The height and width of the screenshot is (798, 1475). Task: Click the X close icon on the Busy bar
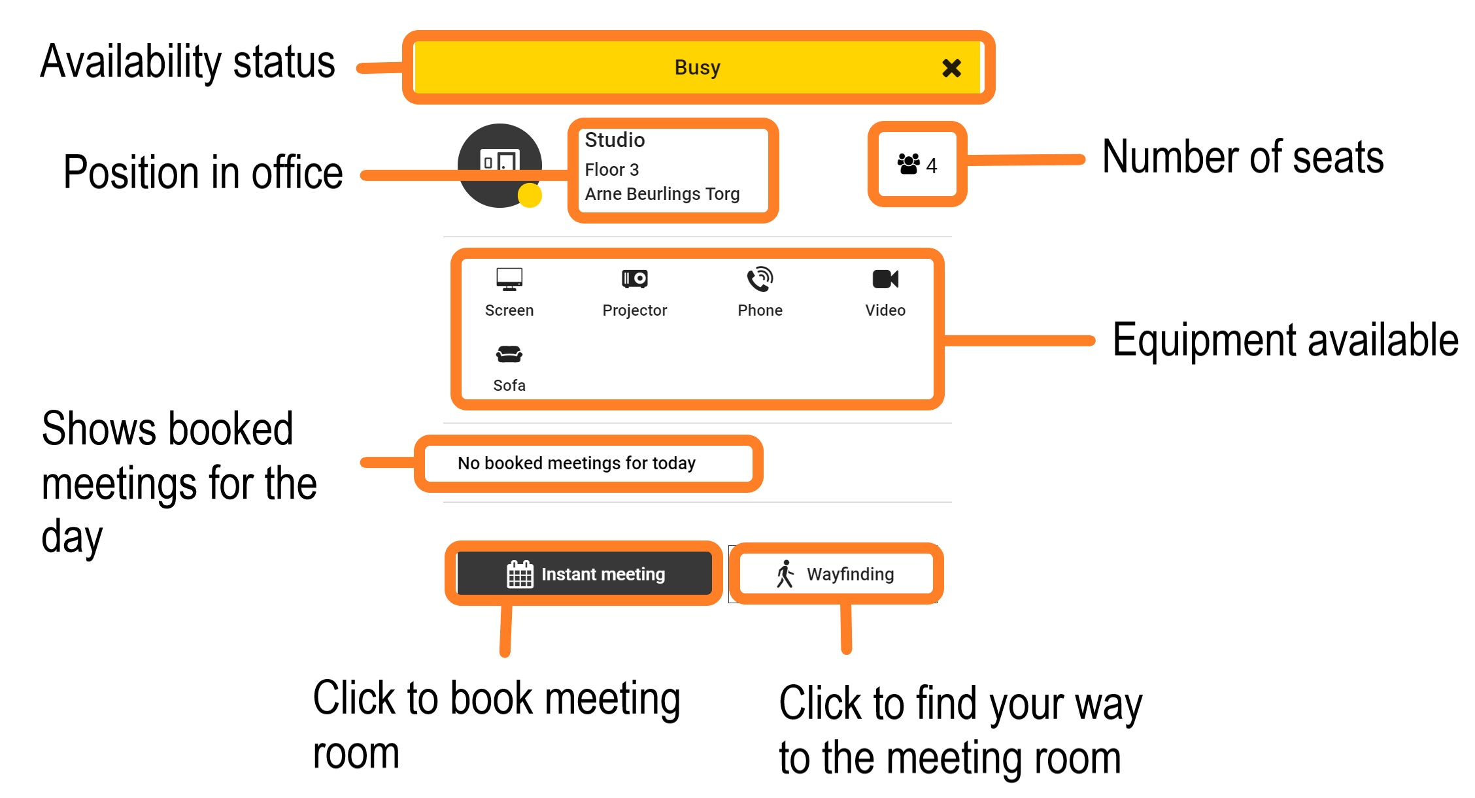click(x=951, y=68)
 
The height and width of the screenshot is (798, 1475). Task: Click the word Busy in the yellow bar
click(x=697, y=67)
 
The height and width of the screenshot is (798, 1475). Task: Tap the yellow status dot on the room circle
click(x=530, y=195)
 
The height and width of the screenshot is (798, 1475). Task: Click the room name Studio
click(x=615, y=140)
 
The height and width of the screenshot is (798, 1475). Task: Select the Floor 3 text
click(x=611, y=170)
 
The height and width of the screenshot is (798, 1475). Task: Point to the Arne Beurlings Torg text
click(x=662, y=194)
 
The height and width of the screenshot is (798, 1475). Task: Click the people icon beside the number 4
click(x=908, y=164)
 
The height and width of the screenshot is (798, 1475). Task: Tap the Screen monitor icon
click(x=509, y=279)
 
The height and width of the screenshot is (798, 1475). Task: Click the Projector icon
click(x=634, y=279)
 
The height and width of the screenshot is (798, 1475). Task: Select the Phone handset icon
click(x=760, y=279)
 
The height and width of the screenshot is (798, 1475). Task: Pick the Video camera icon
click(x=885, y=279)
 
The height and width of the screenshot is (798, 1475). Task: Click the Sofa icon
click(x=509, y=354)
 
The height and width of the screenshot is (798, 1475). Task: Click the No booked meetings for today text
click(x=576, y=463)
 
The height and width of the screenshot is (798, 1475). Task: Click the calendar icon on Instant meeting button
click(x=520, y=574)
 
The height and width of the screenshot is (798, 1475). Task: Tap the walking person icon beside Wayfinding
click(x=785, y=574)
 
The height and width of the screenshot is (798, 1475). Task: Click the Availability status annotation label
click(x=188, y=63)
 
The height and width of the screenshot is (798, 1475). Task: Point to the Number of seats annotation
click(x=1242, y=158)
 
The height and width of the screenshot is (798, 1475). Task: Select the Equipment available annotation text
click(x=1285, y=340)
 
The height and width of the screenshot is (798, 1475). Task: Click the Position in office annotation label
click(x=203, y=173)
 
